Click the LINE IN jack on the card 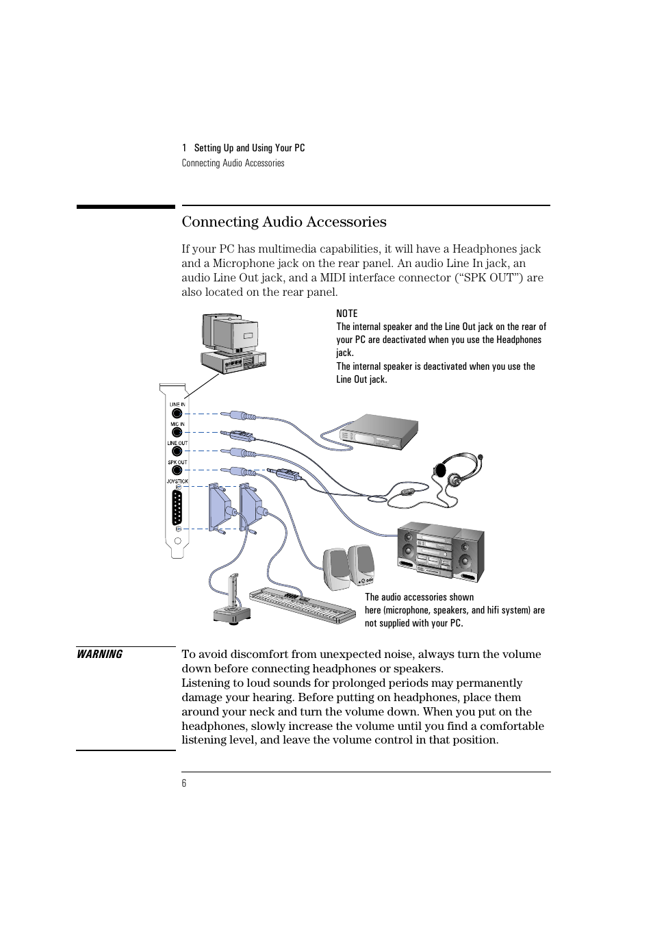(177, 414)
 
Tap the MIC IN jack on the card (177, 433)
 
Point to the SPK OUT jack (177, 470)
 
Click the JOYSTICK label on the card (177, 481)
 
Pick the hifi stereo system (441, 552)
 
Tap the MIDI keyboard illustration (302, 605)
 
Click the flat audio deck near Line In (370, 431)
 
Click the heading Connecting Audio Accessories (284, 222)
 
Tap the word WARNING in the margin (100, 655)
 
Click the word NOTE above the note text (347, 314)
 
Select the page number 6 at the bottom (184, 783)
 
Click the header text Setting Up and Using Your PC (249, 148)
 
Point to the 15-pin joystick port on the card (177, 507)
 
